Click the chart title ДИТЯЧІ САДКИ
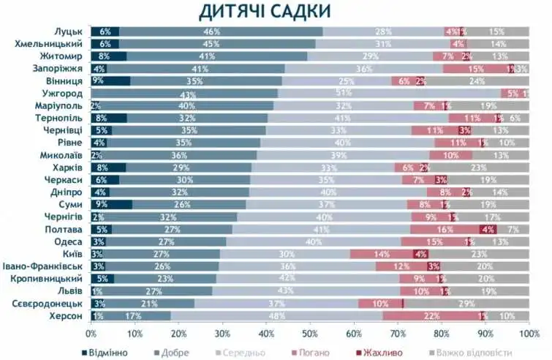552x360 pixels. pyautogui.click(x=264, y=11)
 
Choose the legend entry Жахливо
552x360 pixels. pyautogui.click(x=381, y=353)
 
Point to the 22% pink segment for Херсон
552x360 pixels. pyautogui.click(x=431, y=315)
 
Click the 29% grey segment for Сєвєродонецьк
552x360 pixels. pyautogui.click(x=466, y=303)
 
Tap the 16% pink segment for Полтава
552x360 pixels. pyautogui.click(x=444, y=229)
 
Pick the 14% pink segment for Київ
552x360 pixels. pyautogui.click(x=382, y=254)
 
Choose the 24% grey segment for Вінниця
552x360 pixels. pyautogui.click(x=477, y=80)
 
